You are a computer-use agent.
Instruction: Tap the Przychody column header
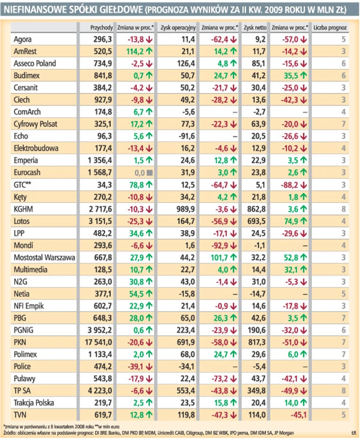point(102,28)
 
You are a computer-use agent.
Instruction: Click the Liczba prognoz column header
point(330,28)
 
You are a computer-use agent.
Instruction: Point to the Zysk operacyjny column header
point(177,28)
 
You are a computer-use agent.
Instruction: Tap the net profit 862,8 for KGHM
point(256,209)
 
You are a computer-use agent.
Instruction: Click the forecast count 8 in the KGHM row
point(344,209)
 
